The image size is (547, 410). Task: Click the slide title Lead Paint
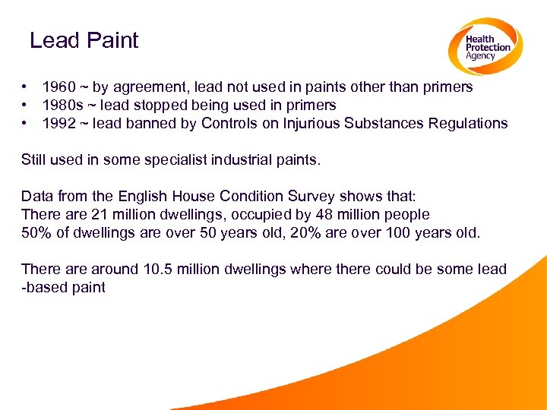tap(84, 40)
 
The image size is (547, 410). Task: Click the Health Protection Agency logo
tap(484, 46)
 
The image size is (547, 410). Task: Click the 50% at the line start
tap(37, 233)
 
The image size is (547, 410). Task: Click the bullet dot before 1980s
tap(25, 106)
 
